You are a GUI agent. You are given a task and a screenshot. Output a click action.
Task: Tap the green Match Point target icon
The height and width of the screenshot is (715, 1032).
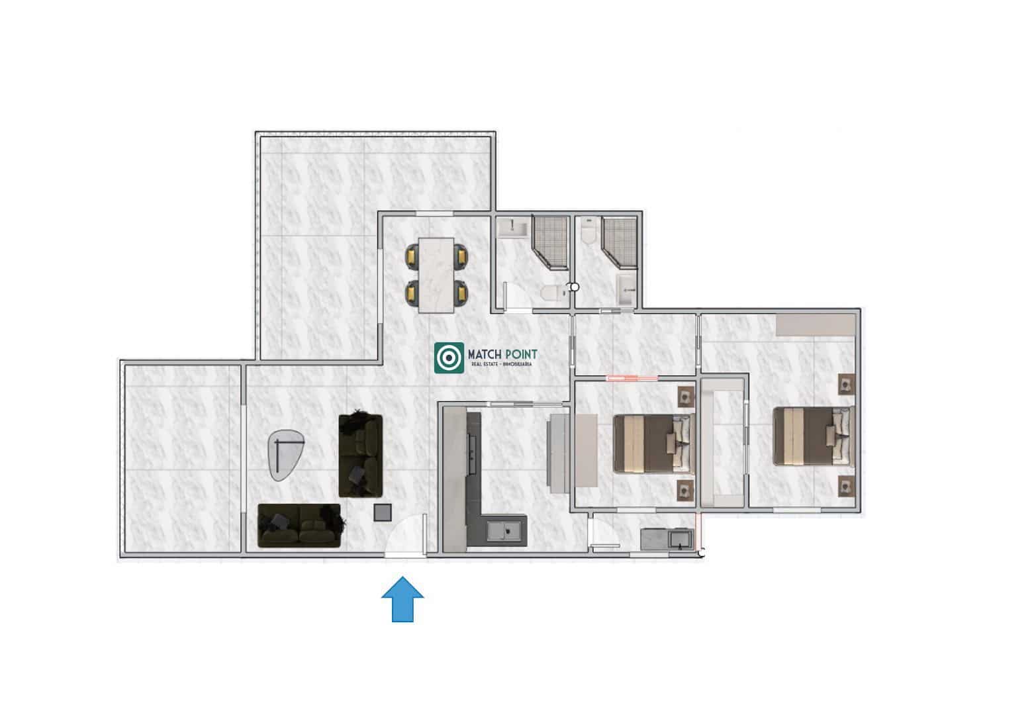(449, 358)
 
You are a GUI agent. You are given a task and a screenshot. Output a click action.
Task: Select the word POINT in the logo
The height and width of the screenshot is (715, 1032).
(520, 356)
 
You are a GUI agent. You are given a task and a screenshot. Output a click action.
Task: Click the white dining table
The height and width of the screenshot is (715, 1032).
(436, 274)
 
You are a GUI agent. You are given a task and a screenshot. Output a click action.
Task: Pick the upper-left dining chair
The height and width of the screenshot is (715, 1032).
(412, 256)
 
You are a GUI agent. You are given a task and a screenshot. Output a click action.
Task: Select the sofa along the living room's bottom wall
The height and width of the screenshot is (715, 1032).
(299, 526)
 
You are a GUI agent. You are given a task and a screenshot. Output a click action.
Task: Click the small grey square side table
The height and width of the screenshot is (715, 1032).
(383, 512)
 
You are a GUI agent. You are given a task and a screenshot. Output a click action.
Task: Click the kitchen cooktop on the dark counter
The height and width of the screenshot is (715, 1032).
(473, 450)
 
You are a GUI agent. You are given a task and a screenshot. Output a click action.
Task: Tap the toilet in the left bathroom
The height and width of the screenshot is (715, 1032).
(550, 293)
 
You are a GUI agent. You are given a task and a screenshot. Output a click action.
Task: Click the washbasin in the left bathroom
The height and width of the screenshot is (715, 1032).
(512, 229)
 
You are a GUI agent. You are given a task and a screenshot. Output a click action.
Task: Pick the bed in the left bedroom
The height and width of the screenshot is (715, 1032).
(653, 443)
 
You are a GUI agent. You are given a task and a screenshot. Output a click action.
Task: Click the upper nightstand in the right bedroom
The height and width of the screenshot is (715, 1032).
(845, 385)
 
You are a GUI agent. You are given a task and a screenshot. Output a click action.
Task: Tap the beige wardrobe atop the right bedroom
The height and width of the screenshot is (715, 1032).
(815, 325)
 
